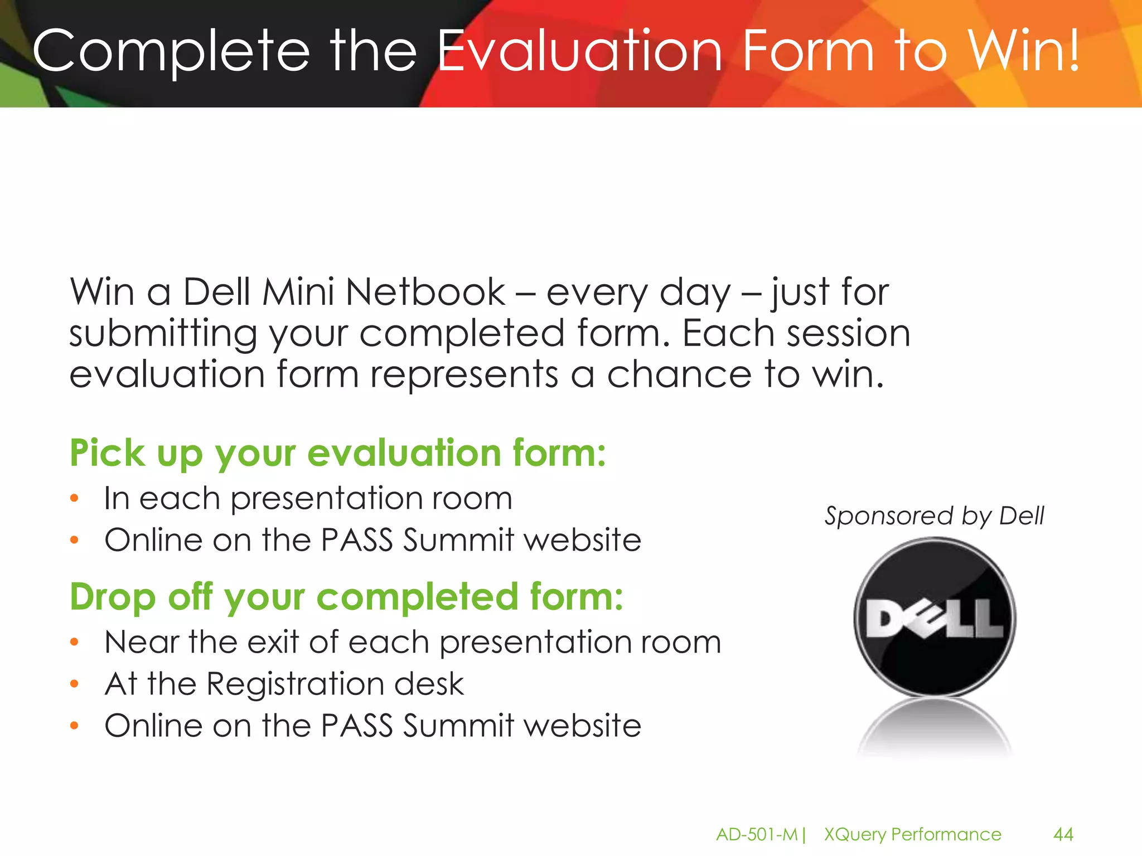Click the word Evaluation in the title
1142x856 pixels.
coord(580,51)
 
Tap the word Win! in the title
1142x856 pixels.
coord(1024,51)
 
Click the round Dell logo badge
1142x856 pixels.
coord(935,617)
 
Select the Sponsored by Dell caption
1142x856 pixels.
coord(934,516)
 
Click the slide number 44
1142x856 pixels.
coord(1063,834)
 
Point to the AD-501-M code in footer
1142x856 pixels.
coord(757,834)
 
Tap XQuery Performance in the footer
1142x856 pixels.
coord(913,834)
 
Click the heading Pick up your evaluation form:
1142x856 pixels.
coord(337,453)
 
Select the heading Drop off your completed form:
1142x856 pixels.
coord(346,597)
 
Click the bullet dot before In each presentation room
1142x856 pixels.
coord(75,498)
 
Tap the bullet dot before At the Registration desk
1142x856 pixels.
coord(75,684)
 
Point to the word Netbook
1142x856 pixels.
coord(425,292)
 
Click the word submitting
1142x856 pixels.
coord(163,333)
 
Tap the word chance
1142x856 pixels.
coord(679,374)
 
